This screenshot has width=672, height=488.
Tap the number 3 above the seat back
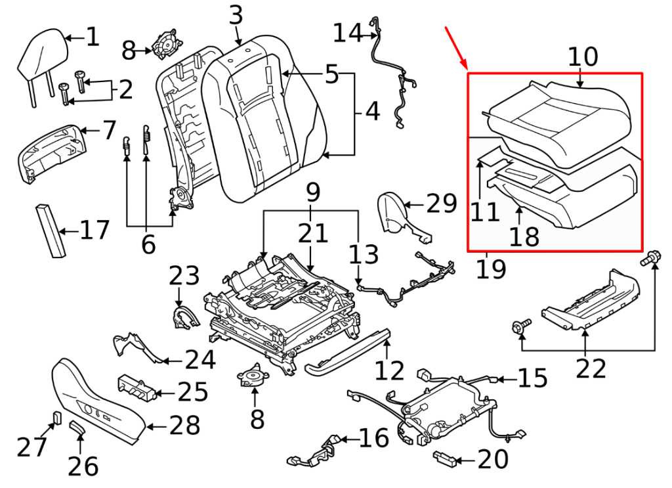click(236, 16)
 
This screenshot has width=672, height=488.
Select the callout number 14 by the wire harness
click(347, 32)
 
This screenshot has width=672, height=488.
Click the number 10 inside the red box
click(583, 57)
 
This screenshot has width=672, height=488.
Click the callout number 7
click(109, 130)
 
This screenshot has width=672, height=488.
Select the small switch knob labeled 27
click(57, 418)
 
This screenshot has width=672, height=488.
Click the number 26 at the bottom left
click(83, 466)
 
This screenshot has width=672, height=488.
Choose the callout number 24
click(200, 359)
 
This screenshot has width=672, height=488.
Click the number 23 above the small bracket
click(184, 275)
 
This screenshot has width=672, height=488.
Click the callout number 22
click(591, 369)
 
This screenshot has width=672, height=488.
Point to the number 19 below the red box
click(492, 268)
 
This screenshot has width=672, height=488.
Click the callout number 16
click(375, 439)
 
